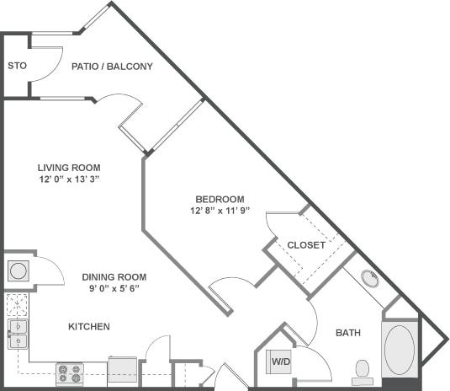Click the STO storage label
pyautogui.click(x=16, y=65)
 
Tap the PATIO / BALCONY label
pyautogui.click(x=112, y=66)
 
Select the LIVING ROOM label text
pyautogui.click(x=63, y=167)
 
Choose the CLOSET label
pyautogui.click(x=306, y=245)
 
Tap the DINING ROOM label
pyautogui.click(x=114, y=276)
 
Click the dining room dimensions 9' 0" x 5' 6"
pyautogui.click(x=114, y=288)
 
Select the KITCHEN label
pyautogui.click(x=89, y=326)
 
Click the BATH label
pyautogui.click(x=347, y=333)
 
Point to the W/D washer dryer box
pyautogui.click(x=279, y=362)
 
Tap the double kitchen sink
pyautogui.click(x=18, y=334)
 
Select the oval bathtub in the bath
pyautogui.click(x=399, y=350)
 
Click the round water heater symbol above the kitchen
pyautogui.click(x=19, y=270)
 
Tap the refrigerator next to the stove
pyautogui.click(x=121, y=370)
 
